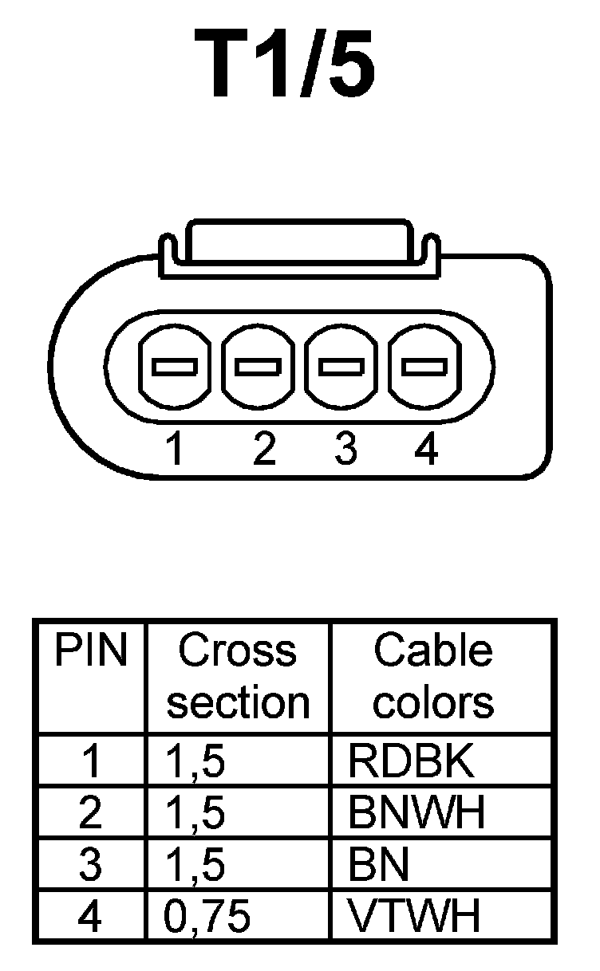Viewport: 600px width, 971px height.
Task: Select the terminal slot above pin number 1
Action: (175, 366)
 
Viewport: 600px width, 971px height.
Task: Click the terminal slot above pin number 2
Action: (258, 366)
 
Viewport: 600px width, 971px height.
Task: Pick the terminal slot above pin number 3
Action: (341, 366)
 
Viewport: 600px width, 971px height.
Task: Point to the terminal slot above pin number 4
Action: (424, 366)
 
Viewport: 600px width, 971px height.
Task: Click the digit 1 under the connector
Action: (175, 451)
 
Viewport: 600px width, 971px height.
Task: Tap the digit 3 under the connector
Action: (345, 451)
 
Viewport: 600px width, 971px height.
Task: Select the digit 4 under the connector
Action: (427, 451)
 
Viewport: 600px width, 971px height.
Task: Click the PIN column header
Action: (90, 651)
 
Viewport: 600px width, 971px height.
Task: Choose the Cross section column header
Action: (238, 677)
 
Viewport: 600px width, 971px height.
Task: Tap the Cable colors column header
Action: (433, 677)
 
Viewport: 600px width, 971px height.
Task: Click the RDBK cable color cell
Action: (411, 761)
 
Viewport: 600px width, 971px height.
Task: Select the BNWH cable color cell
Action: (416, 813)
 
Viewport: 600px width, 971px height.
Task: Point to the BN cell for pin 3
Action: (379, 865)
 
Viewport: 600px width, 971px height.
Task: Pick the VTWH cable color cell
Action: (415, 917)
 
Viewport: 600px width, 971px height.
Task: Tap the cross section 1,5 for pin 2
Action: (195, 813)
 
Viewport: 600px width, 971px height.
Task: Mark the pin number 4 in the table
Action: (90, 917)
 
